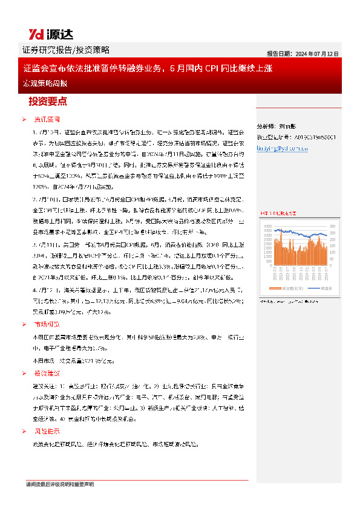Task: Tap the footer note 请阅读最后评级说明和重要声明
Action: (60, 485)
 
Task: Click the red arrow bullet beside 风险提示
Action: (24, 432)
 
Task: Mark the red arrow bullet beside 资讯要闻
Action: (24, 119)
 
